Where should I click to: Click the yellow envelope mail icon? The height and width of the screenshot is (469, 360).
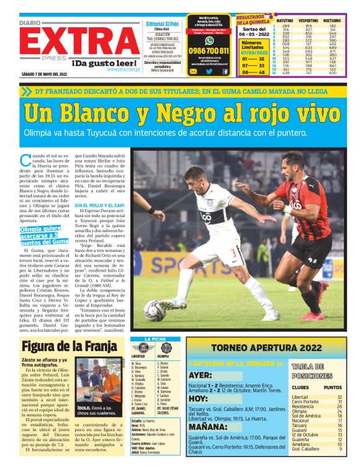coord(193,71)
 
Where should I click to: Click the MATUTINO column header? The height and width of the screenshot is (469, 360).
coord(285,20)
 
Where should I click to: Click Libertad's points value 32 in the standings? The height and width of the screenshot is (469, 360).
coord(339,397)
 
